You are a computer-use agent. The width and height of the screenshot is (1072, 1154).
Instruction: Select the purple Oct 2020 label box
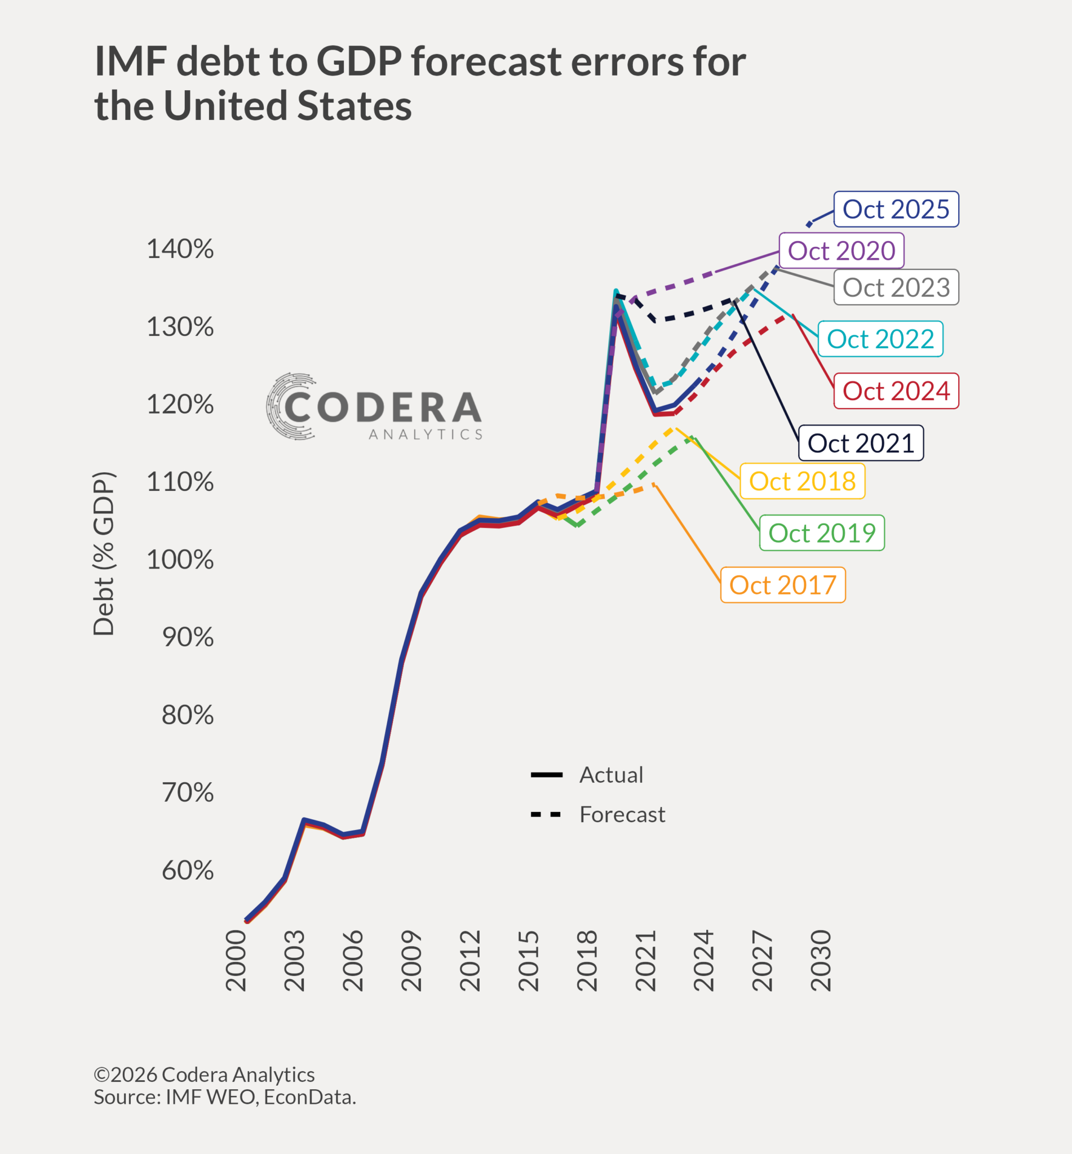(841, 251)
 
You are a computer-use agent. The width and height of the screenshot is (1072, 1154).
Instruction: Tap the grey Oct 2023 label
(896, 287)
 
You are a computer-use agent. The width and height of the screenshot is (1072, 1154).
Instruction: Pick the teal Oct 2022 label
(880, 339)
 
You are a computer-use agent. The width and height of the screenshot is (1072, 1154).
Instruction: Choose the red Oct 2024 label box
(896, 391)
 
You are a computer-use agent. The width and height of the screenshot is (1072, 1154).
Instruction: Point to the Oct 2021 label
(861, 443)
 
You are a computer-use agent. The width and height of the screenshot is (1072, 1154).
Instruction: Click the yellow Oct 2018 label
(802, 481)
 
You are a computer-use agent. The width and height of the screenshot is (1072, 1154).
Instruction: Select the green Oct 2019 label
(821, 533)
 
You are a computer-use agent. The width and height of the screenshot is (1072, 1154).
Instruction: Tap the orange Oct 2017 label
(782, 584)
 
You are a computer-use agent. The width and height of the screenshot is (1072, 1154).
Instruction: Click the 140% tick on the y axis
(180, 249)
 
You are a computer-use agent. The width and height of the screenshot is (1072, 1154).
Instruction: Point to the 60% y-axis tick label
(187, 871)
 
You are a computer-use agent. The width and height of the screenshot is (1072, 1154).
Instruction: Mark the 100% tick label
(180, 560)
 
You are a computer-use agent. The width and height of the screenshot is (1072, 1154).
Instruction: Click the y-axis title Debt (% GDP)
(104, 554)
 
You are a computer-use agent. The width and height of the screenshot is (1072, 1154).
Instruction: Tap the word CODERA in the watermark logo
(383, 407)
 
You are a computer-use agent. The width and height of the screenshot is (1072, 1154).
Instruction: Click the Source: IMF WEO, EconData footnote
(225, 1097)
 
